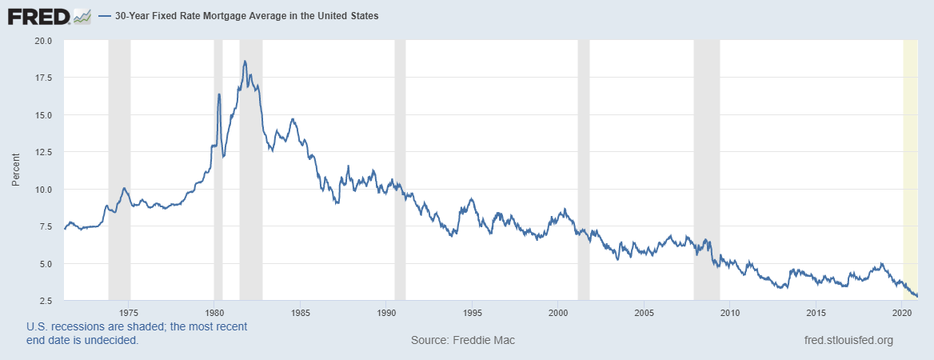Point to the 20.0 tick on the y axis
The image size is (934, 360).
tap(42, 40)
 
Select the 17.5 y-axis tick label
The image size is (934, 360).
tap(42, 78)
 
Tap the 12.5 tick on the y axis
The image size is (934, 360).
tap(42, 152)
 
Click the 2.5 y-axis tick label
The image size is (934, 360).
tap(45, 301)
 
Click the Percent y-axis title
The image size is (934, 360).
tap(16, 170)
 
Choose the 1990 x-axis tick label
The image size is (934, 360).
tap(386, 312)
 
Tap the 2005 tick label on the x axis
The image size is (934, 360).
tap(645, 312)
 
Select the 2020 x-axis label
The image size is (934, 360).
tap(903, 312)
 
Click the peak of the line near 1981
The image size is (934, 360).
tap(245, 61)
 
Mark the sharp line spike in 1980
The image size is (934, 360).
tap(219, 94)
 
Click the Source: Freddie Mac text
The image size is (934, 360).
tap(463, 340)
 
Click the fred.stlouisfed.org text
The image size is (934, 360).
tap(848, 340)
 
